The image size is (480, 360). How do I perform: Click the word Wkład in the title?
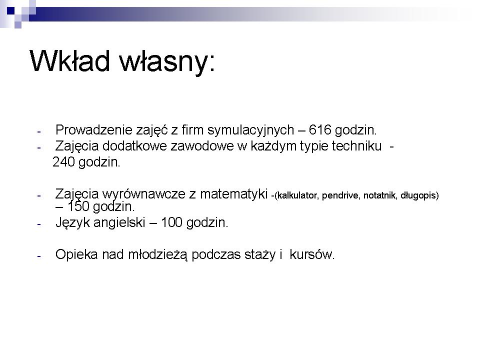coord(70,60)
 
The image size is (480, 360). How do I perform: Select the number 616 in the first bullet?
coord(320,130)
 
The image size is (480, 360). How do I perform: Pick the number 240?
coord(63,162)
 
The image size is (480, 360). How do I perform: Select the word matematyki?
coord(234,194)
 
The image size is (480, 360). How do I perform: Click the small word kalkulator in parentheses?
coord(296,195)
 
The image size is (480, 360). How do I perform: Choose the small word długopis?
coord(418,195)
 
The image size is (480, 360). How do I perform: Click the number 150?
coord(78,206)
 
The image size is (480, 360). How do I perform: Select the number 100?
coord(171,222)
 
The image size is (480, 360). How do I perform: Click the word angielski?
coord(119,223)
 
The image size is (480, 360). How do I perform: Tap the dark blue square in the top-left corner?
coord(10,11)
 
